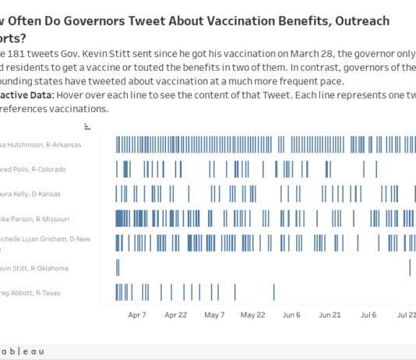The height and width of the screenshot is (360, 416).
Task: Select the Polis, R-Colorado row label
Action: [x=43, y=169]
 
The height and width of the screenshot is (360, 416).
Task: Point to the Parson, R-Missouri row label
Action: [x=41, y=219]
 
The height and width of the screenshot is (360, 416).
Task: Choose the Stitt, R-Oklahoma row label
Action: [x=44, y=268]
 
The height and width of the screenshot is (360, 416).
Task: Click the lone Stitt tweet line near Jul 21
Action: [x=410, y=267]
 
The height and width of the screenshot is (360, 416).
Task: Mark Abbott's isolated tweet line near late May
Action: [x=274, y=292]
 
